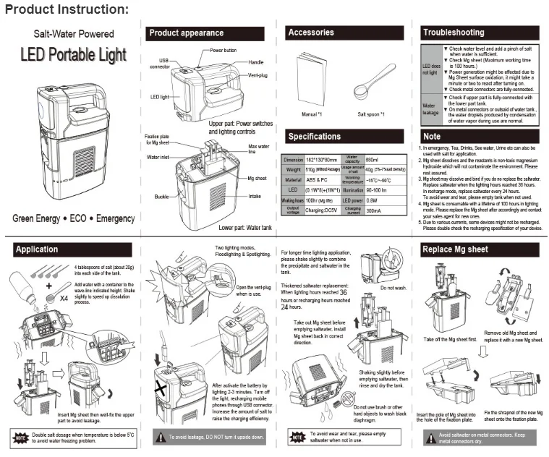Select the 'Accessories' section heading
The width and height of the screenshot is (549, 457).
[311, 33]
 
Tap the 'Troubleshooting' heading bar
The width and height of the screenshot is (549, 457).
[454, 33]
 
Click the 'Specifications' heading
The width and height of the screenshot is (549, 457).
[315, 136]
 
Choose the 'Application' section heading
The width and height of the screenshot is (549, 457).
[37, 249]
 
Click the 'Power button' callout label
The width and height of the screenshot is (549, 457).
[224, 51]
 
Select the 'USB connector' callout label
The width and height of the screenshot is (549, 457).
[160, 64]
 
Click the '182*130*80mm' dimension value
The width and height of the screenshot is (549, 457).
[322, 160]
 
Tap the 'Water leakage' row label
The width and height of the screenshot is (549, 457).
[430, 109]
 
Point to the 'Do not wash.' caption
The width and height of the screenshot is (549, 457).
[394, 288]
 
